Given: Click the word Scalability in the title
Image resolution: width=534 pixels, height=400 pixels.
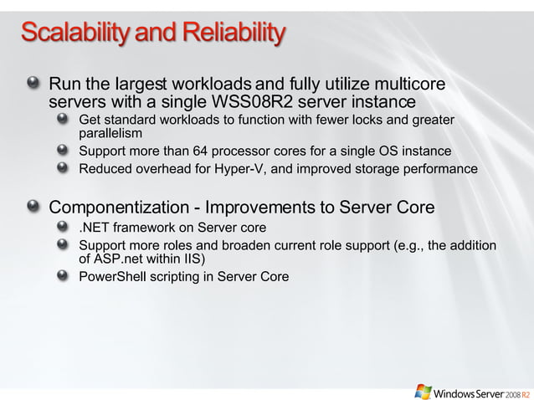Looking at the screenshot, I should (74, 33).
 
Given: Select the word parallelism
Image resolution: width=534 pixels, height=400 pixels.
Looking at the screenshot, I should (110, 133).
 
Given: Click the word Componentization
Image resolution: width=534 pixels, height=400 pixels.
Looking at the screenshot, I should (120, 208).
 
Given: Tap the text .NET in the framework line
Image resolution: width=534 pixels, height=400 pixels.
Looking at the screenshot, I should (95, 228).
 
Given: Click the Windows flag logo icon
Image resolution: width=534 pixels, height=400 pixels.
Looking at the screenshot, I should (424, 391).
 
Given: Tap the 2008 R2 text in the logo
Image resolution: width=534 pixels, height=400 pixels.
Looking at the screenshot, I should (517, 392).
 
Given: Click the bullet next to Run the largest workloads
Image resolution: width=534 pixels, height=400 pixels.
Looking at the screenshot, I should (33, 84).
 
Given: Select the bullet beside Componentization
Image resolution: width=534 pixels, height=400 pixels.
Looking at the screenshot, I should (33, 207).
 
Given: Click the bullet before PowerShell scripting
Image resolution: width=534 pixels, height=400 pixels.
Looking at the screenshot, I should (64, 276).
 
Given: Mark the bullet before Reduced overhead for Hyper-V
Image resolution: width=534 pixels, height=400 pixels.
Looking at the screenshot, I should (64, 168).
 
